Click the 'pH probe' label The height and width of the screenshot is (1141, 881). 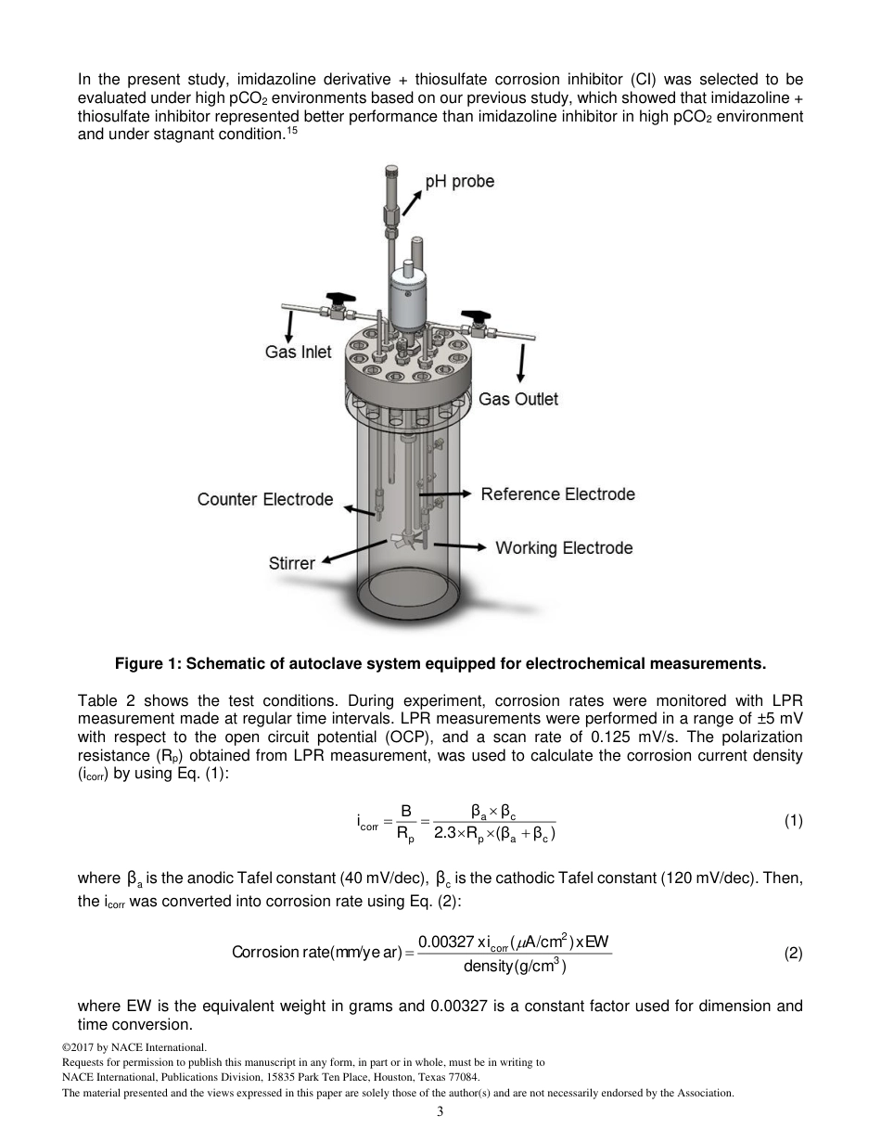(459, 181)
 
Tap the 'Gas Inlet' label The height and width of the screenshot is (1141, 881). (298, 353)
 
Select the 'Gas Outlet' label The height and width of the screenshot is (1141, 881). (518, 399)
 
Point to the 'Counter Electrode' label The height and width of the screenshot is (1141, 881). (264, 499)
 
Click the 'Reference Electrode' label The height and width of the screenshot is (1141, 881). (557, 494)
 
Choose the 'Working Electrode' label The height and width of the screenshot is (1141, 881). (564, 547)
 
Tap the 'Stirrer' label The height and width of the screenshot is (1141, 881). (291, 563)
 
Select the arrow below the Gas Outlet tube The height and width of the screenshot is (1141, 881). (521, 362)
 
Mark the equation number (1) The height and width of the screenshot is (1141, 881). (793, 820)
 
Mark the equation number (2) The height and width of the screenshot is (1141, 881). (793, 953)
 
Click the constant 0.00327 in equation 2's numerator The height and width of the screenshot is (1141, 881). (445, 942)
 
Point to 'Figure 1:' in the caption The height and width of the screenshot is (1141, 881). (147, 663)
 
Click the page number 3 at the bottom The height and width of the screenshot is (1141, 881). (440, 1112)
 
